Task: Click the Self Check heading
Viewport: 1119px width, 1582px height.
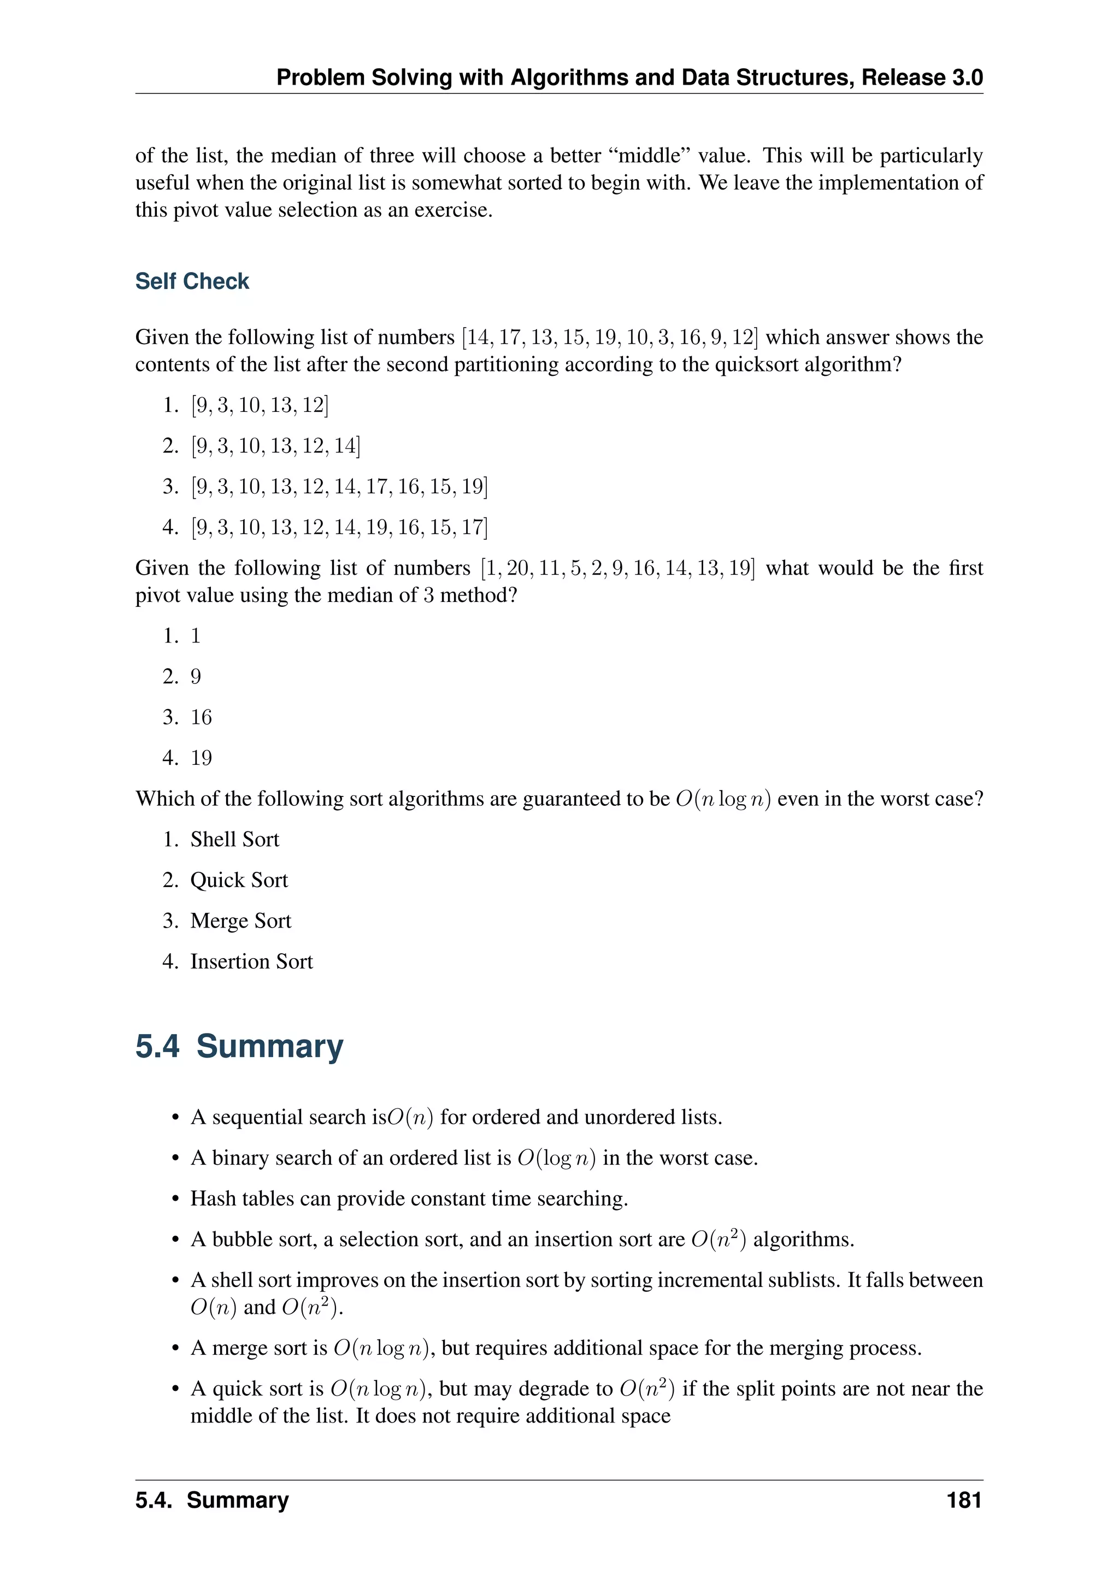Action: pyautogui.click(x=192, y=281)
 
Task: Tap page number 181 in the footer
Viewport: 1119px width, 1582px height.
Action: pyautogui.click(x=963, y=1500)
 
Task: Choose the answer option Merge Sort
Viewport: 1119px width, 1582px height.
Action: pyautogui.click(x=240, y=920)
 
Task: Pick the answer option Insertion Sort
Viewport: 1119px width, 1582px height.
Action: pyautogui.click(x=251, y=961)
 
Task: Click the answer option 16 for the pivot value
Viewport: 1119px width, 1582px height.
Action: pyautogui.click(x=201, y=717)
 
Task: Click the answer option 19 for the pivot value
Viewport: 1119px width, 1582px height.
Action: pyautogui.click(x=201, y=758)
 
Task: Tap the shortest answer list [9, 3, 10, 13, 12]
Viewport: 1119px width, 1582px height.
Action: pyautogui.click(x=259, y=405)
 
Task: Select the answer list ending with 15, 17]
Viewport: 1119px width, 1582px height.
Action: pyautogui.click(x=338, y=527)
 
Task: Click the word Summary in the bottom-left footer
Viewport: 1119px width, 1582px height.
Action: pyautogui.click(x=238, y=1500)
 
